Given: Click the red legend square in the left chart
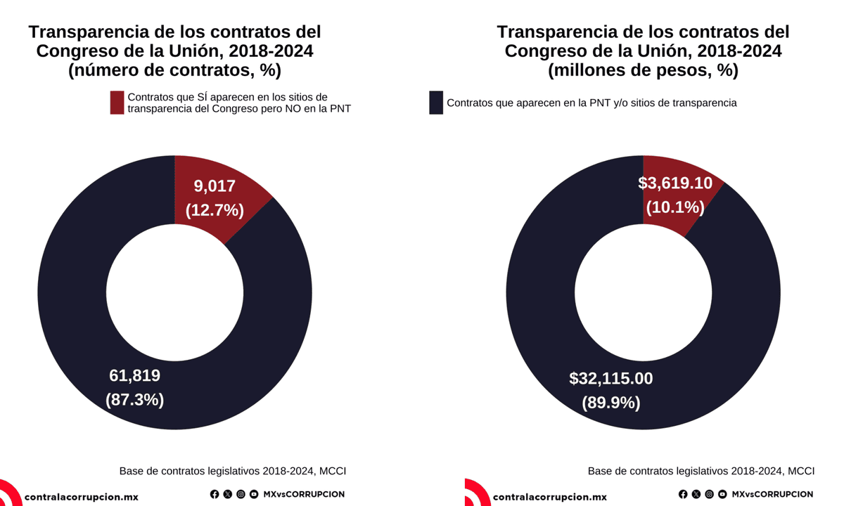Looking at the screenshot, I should click(117, 103).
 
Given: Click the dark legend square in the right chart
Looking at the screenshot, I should click(436, 103).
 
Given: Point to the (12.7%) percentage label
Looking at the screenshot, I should click(215, 209).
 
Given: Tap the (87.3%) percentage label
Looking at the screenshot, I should click(134, 400).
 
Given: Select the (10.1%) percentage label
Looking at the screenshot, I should click(675, 207).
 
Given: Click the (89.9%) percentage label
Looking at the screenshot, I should click(610, 403).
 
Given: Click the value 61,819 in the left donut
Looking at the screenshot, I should click(134, 376).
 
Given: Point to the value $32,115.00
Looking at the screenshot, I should click(610, 379).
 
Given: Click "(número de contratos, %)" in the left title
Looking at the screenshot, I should click(174, 70).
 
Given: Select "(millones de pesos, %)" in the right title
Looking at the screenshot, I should click(643, 70).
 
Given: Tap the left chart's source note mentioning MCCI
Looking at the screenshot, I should click(233, 471).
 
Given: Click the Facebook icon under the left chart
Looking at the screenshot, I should click(215, 494).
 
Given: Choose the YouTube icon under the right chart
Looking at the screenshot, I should click(722, 494).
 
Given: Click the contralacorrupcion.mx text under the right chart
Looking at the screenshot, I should click(549, 497).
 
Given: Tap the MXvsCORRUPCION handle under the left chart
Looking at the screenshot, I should click(304, 494).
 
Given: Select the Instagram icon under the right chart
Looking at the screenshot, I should click(709, 494).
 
